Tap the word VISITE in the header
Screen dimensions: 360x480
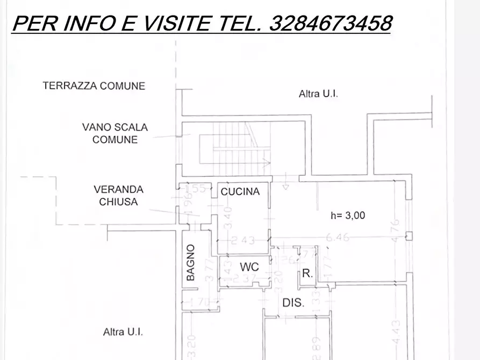pos(174,23)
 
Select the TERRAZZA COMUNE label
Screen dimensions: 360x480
pos(94,85)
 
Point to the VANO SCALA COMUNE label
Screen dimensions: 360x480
pos(115,133)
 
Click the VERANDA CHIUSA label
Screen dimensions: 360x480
pos(118,196)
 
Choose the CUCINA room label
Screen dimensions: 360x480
pos(240,191)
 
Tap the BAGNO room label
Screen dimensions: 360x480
pos(191,263)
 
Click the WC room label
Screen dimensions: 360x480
pos(249,267)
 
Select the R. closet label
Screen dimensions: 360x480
pos(307,273)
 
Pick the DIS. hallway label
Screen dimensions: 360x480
pos(293,303)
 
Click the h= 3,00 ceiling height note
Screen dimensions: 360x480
pos(348,215)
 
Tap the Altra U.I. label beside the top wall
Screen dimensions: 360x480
pos(318,93)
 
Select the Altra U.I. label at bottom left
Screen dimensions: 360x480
pos(123,332)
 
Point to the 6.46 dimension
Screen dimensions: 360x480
pos(338,237)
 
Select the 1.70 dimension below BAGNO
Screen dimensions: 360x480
pos(200,301)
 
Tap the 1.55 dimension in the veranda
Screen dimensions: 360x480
pos(196,189)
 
